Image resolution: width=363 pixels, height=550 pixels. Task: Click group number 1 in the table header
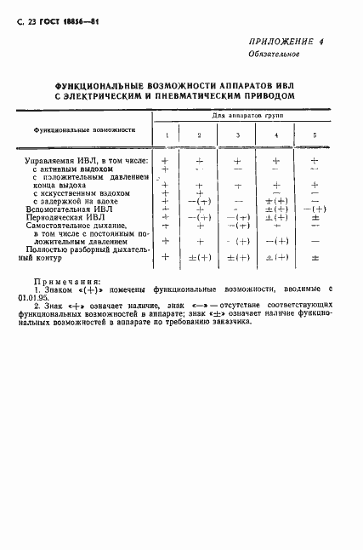coord(167,136)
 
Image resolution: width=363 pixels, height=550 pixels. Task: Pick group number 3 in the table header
coord(238,136)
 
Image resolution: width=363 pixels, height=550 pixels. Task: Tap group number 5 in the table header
coord(315,136)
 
